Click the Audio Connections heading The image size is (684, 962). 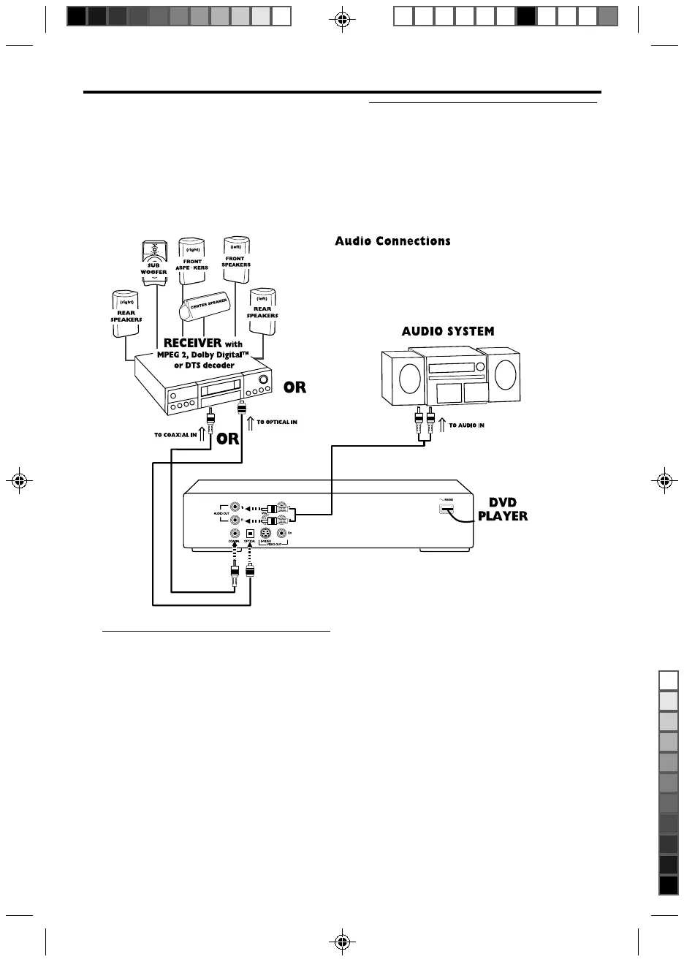(392, 241)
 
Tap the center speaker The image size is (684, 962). (205, 306)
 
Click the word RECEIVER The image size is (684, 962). (192, 344)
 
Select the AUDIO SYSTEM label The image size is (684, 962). (447, 331)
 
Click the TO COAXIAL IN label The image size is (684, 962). (175, 434)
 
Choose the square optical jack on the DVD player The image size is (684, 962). (250, 534)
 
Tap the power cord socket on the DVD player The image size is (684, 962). (446, 509)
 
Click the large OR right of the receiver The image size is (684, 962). (294, 388)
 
